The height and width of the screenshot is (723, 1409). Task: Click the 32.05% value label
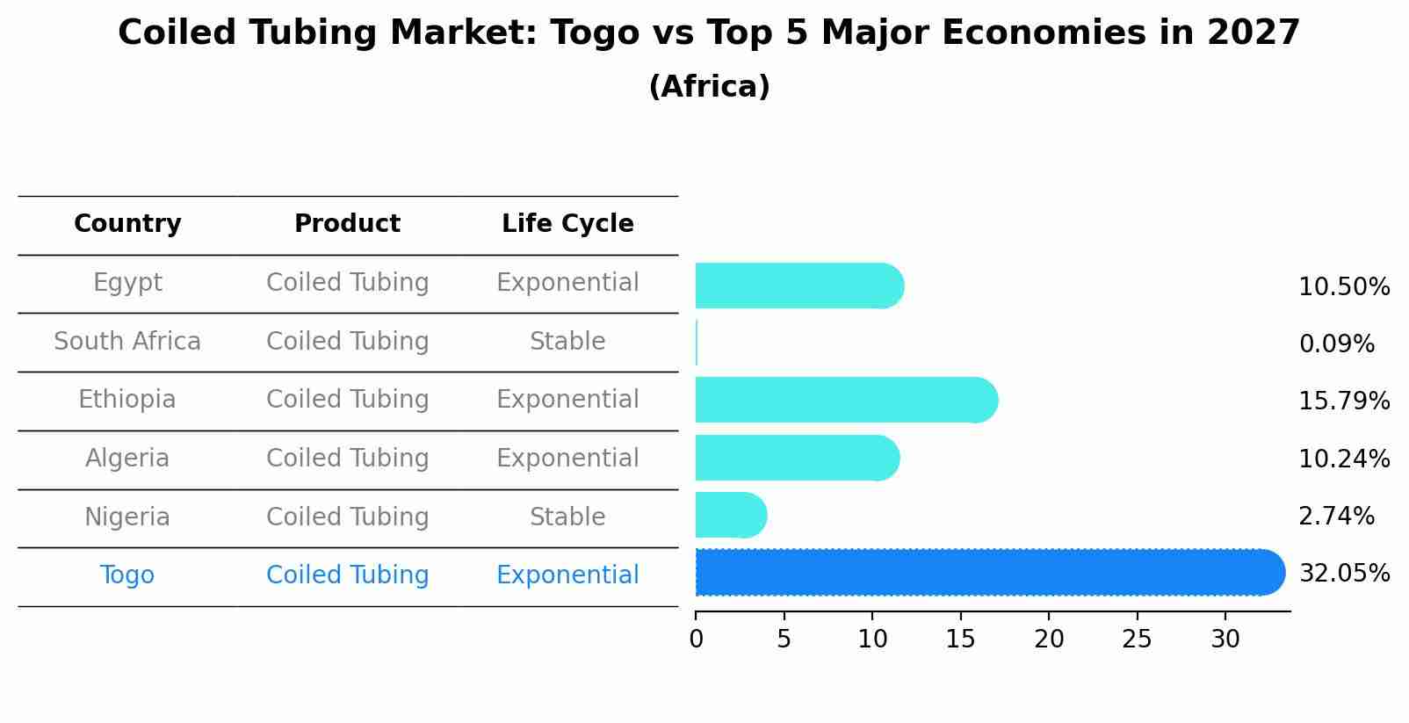click(1344, 574)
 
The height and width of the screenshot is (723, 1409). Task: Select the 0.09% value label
click(1336, 344)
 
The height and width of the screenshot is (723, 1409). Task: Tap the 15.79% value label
click(1344, 401)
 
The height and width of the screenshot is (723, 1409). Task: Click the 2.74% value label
click(1336, 517)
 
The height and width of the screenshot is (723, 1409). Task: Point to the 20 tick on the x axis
click(1049, 640)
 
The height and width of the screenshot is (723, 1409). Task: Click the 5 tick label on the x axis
click(784, 640)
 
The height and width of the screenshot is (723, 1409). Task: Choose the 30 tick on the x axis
click(1225, 640)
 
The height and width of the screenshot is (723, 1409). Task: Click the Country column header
click(127, 224)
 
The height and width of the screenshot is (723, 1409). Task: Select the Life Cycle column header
click(567, 224)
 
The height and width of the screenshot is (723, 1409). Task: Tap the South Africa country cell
click(127, 342)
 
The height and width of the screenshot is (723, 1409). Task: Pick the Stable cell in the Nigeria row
click(567, 517)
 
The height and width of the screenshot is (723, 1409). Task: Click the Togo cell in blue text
click(127, 575)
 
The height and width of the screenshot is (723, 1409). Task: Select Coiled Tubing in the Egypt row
click(347, 283)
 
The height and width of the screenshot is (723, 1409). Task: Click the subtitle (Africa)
click(709, 87)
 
